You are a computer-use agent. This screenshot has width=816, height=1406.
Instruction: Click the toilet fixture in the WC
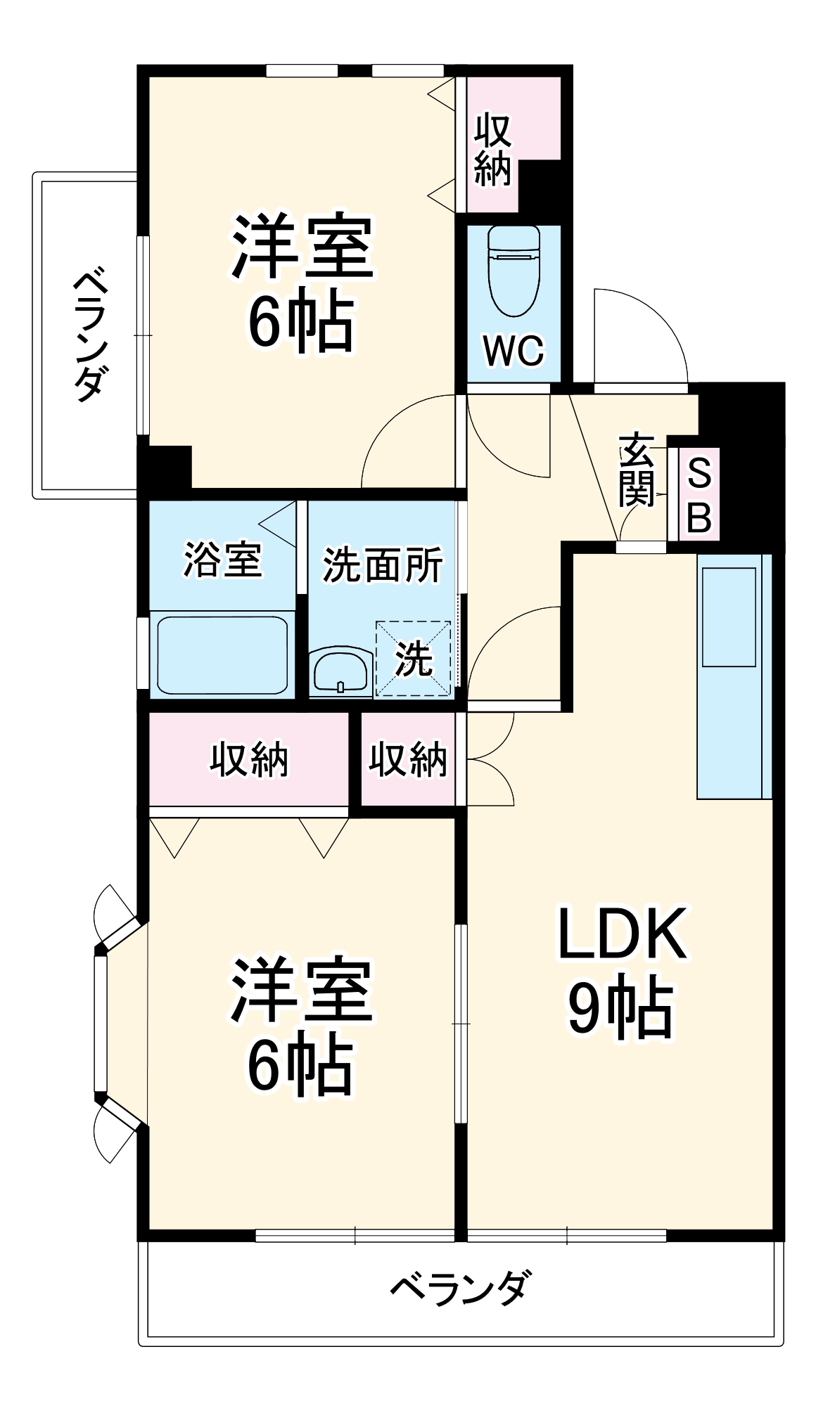[x=514, y=271]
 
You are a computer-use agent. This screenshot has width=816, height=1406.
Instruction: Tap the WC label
[x=514, y=349]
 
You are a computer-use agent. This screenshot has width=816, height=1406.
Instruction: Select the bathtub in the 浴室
[x=222, y=654]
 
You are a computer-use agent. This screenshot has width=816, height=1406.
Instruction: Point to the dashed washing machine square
[x=413, y=659]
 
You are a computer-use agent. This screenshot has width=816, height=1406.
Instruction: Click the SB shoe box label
[x=699, y=495]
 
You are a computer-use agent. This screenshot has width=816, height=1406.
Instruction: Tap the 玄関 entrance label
[x=637, y=470]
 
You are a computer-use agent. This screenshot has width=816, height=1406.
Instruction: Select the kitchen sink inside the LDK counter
[x=728, y=617]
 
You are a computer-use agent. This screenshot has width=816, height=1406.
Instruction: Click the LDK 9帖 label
[x=622, y=971]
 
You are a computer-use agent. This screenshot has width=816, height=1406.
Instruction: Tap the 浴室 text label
[x=222, y=560]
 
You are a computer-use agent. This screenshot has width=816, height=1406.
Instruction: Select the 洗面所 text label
[x=383, y=565]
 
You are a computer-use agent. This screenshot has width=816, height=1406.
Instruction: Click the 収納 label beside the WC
[x=492, y=150]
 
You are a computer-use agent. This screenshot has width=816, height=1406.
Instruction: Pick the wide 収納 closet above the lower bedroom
[x=249, y=760]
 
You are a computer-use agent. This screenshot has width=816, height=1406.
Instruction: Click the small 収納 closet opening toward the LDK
[x=408, y=759]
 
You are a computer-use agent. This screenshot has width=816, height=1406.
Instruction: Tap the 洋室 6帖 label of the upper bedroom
[x=302, y=282]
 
